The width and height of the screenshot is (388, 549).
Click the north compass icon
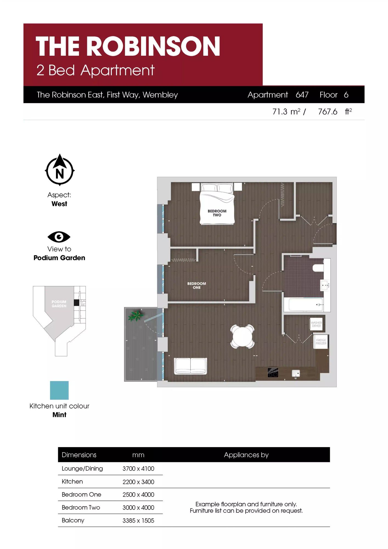(60, 170)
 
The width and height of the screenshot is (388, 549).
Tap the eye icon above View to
(59, 237)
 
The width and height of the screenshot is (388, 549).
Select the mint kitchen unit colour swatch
(59, 390)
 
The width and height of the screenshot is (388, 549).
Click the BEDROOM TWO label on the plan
(217, 213)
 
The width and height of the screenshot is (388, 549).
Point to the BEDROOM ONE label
(196, 285)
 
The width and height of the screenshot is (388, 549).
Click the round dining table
(243, 336)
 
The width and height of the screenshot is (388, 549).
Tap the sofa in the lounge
(191, 366)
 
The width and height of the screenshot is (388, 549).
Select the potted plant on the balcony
(136, 315)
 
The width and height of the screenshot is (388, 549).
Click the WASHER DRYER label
(316, 324)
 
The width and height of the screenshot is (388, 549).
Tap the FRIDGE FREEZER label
(321, 342)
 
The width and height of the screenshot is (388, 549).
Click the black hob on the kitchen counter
(273, 372)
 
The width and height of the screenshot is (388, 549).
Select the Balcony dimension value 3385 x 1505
(138, 520)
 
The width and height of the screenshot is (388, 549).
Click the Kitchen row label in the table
(72, 481)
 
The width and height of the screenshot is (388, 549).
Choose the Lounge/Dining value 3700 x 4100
(138, 469)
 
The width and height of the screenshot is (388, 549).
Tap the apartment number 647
(302, 95)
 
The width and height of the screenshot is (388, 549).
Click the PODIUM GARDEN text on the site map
(59, 304)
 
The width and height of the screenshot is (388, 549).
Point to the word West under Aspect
(59, 204)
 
